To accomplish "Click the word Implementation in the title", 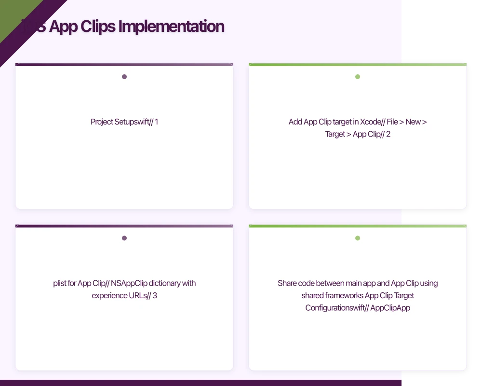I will click(171, 26).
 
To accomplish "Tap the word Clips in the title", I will click(96, 26).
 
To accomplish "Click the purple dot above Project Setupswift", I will click(124, 77).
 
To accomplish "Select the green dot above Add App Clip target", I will click(358, 77).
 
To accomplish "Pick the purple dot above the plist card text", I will click(124, 238).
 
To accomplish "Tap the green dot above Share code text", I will click(358, 238).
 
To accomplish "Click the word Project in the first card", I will click(102, 122).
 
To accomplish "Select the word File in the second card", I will click(392, 122).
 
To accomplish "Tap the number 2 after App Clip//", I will click(388, 134).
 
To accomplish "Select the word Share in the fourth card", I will click(287, 283).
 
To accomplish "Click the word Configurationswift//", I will click(336, 307).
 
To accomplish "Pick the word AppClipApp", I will click(390, 307).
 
